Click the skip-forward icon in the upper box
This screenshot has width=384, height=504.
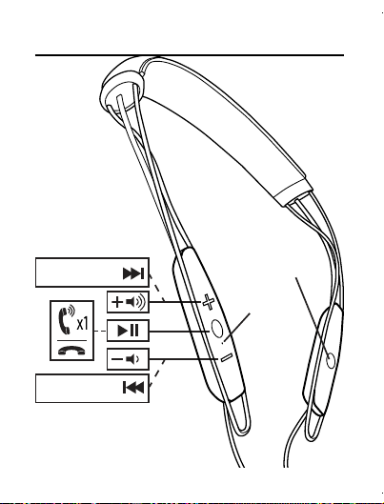tap(133, 273)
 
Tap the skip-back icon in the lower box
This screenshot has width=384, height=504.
tap(133, 388)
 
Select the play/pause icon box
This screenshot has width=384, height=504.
tap(128, 331)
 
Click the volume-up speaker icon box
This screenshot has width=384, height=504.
tap(128, 302)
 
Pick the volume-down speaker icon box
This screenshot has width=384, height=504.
tap(128, 359)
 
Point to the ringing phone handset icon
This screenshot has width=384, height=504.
tap(66, 319)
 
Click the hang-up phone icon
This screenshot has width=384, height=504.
tap(72, 350)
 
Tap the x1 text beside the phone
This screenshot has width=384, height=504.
tap(82, 323)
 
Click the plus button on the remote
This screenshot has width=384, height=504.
tap(209, 302)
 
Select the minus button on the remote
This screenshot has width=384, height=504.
tap(226, 357)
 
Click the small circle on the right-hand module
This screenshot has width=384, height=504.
tap(331, 361)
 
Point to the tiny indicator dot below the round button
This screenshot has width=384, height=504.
tap(223, 343)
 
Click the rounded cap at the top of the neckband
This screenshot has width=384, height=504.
tap(121, 84)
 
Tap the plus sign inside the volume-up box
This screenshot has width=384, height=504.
tap(117, 302)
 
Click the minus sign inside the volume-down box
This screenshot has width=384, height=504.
tap(116, 359)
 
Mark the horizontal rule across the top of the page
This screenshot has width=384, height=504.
tap(190, 55)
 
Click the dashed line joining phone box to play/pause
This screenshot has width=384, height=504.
tap(100, 331)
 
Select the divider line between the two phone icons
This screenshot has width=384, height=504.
tap(72, 340)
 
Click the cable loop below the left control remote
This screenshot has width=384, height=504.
tap(238, 418)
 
